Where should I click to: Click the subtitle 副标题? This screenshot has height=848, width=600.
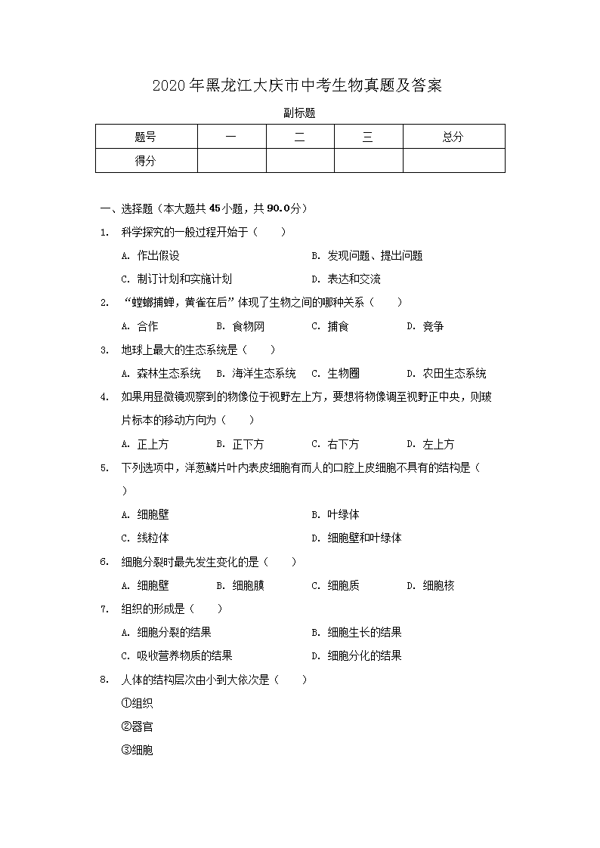[x=299, y=113]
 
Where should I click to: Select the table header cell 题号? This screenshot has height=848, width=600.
[x=146, y=137]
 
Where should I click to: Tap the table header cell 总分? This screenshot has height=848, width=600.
[x=453, y=137]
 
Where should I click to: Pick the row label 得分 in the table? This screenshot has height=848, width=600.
[x=146, y=160]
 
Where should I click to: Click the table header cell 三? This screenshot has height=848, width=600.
[x=368, y=137]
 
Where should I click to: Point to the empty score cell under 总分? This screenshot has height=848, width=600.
[x=453, y=160]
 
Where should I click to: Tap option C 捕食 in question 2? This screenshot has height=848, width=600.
[x=329, y=326]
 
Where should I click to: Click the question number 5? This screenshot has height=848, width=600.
[x=104, y=468]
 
